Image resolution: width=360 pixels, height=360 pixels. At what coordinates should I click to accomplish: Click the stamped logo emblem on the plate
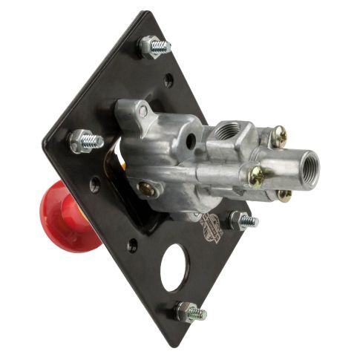(212, 224)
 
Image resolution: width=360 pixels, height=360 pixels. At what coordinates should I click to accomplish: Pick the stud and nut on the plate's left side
(85, 140)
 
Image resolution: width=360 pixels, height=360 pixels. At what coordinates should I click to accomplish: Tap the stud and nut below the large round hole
(190, 312)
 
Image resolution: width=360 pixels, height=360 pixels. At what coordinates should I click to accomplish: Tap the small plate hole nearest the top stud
(169, 78)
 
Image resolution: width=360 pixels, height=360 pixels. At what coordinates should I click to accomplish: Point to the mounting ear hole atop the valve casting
(143, 111)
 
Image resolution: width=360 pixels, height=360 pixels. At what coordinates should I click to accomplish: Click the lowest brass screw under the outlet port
(283, 194)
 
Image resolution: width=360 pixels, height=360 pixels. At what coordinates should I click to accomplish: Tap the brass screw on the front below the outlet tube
(255, 176)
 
